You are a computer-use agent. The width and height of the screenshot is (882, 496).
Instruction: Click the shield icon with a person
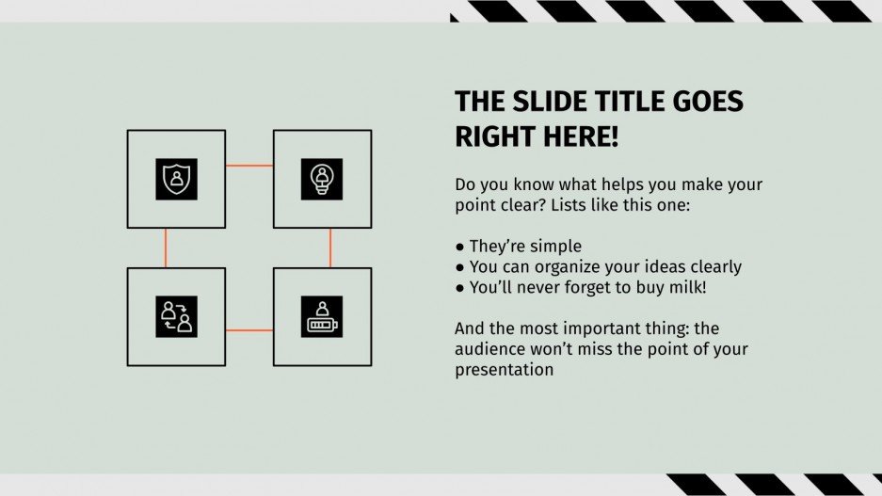[176, 179]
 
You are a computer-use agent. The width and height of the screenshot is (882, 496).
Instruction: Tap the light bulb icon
[322, 179]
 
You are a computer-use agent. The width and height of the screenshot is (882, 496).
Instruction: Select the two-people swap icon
[176, 317]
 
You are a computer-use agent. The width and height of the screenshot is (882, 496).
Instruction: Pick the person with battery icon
[322, 317]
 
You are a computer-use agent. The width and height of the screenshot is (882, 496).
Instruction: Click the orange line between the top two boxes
[249, 166]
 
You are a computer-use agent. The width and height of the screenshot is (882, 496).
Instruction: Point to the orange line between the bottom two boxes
[249, 330]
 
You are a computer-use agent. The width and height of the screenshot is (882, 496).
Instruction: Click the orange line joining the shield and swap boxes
[166, 248]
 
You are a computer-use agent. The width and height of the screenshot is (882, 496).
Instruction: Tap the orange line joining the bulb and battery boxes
[330, 248]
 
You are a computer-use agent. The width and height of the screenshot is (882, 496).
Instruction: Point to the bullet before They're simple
[460, 248]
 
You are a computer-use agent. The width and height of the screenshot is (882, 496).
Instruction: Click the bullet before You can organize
[460, 267]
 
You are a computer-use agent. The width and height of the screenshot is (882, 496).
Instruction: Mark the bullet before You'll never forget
[460, 288]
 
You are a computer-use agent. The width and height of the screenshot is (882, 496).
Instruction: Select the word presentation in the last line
[504, 370]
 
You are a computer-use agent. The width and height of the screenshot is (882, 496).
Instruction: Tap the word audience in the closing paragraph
[489, 350]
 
